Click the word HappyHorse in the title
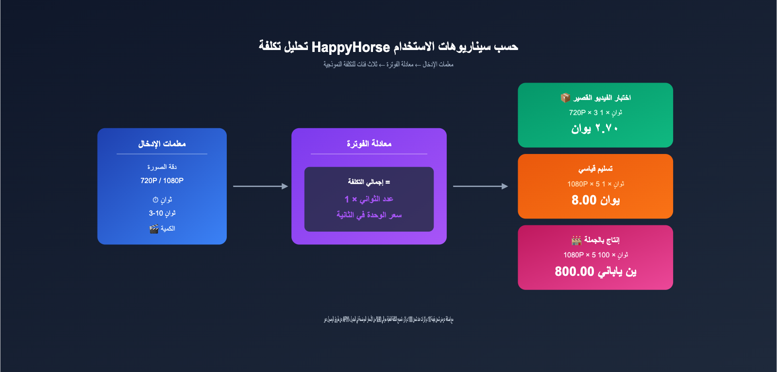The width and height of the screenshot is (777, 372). (x=351, y=47)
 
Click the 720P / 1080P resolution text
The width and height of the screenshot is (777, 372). (x=162, y=181)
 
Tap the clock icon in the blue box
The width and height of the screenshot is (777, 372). (x=155, y=200)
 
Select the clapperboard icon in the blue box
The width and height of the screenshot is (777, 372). (x=154, y=229)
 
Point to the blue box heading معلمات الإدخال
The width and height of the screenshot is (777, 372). (x=162, y=144)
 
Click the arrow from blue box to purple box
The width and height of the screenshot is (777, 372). (x=260, y=186)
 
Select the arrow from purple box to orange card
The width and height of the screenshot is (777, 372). (x=480, y=186)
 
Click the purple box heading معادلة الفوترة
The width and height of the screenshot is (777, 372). (x=369, y=144)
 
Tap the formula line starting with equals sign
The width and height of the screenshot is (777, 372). (x=369, y=182)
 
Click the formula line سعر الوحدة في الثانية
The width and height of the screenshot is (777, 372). (x=369, y=215)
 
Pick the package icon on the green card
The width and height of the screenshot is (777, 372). (x=565, y=98)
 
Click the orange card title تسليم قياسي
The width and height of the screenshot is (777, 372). (x=595, y=169)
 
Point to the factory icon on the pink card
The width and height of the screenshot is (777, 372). (x=576, y=240)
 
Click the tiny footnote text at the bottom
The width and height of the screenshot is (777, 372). (x=388, y=320)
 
